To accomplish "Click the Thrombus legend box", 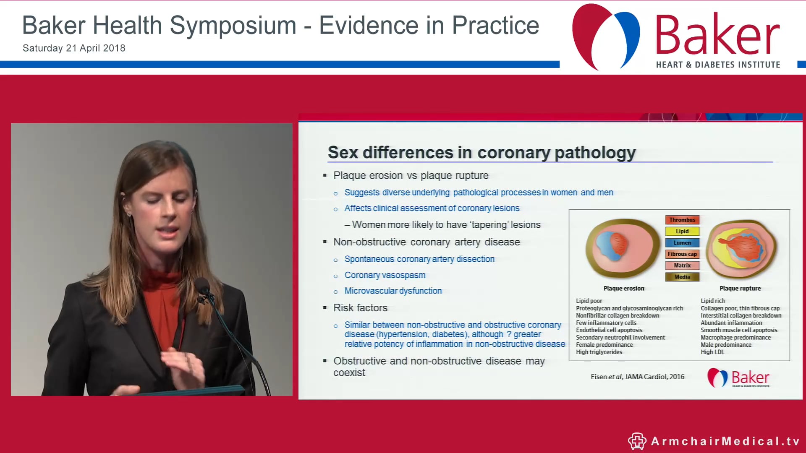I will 682,220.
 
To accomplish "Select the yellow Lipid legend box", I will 682,231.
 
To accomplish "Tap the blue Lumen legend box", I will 682,242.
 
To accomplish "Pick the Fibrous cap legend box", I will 682,254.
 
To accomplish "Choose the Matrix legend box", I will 682,265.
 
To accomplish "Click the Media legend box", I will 682,277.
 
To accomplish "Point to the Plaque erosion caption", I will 623,289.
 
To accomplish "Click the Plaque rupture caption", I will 740,289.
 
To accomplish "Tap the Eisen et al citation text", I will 637,377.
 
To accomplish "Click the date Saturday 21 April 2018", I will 74,48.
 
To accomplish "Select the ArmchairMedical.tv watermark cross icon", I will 637,441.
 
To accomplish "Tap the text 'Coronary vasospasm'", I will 385,275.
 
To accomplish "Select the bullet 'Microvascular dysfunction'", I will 393,291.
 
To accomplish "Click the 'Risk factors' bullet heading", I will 360,308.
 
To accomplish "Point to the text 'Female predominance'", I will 604,345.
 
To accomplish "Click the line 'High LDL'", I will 712,352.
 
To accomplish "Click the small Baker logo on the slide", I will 739,377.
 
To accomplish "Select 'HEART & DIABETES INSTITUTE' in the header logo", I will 718,65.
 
